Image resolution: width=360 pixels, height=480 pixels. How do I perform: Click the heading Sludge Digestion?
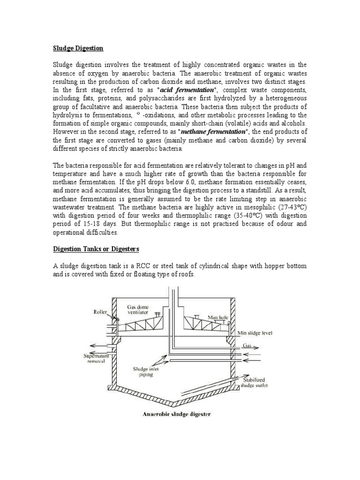click(x=77, y=48)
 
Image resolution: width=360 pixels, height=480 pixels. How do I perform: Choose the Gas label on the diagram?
click(x=247, y=345)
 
